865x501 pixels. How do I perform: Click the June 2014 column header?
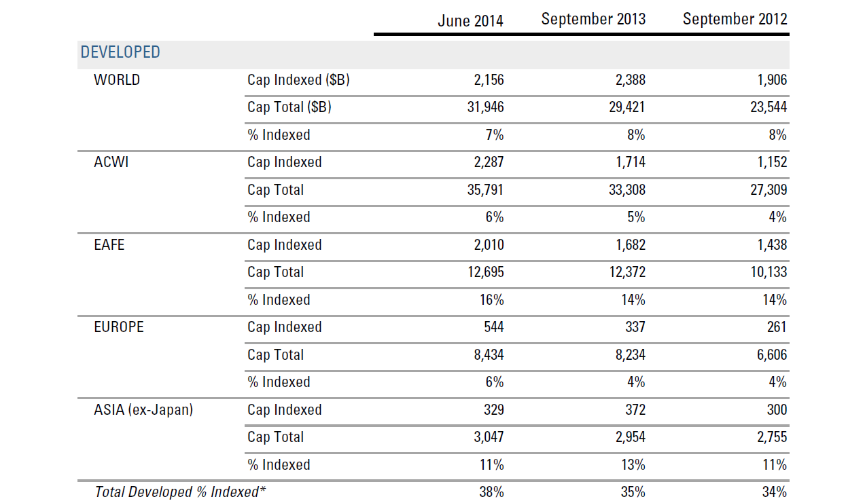pyautogui.click(x=470, y=21)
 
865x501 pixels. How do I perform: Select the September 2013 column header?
pyautogui.click(x=593, y=19)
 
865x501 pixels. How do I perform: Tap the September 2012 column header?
pyautogui.click(x=735, y=19)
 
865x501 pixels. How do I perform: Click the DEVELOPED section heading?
pyautogui.click(x=120, y=52)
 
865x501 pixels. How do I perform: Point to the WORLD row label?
pyautogui.click(x=117, y=80)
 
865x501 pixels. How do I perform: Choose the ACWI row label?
pyautogui.click(x=111, y=162)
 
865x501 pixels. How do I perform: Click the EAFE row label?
pyautogui.click(x=109, y=245)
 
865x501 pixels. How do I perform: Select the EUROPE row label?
pyautogui.click(x=119, y=327)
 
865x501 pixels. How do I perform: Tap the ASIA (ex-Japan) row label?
pyautogui.click(x=143, y=410)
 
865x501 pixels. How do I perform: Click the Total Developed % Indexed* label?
pyautogui.click(x=180, y=492)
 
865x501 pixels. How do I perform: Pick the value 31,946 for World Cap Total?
pyautogui.click(x=485, y=107)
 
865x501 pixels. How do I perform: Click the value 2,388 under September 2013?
pyautogui.click(x=630, y=80)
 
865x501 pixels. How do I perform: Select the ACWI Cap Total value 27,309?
pyautogui.click(x=769, y=190)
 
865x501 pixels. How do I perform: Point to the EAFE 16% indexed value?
pyautogui.click(x=491, y=300)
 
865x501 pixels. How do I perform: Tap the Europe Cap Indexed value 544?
pyautogui.click(x=494, y=327)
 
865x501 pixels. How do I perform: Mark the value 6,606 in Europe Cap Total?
pyautogui.click(x=771, y=355)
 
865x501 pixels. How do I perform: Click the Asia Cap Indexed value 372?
pyautogui.click(x=635, y=409)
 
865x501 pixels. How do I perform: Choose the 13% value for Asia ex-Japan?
pyautogui.click(x=633, y=465)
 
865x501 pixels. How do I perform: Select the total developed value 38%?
pyautogui.click(x=491, y=492)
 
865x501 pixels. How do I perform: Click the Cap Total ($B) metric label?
pyautogui.click(x=289, y=107)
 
